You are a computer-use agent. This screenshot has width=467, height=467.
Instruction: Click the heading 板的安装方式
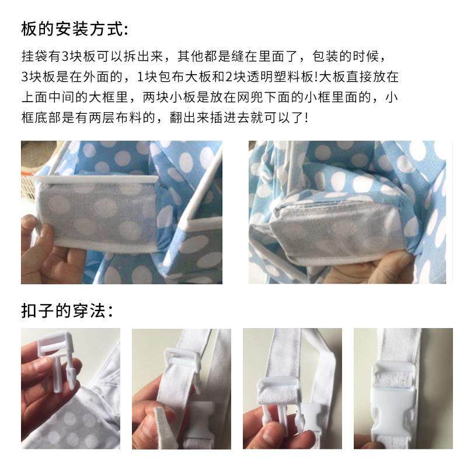(73, 27)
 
